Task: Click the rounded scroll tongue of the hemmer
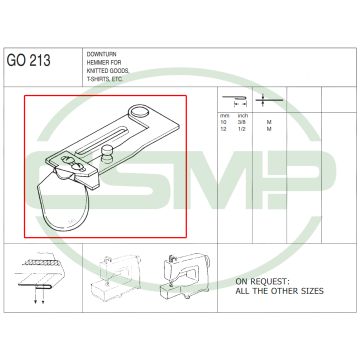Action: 65,200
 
